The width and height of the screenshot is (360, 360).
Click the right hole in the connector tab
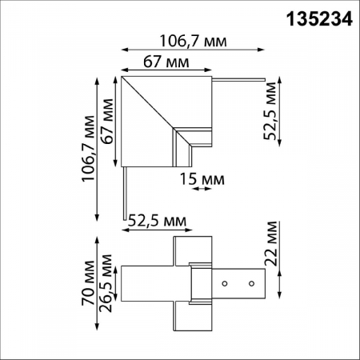[250, 283]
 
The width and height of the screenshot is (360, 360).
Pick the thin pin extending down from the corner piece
[123, 192]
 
